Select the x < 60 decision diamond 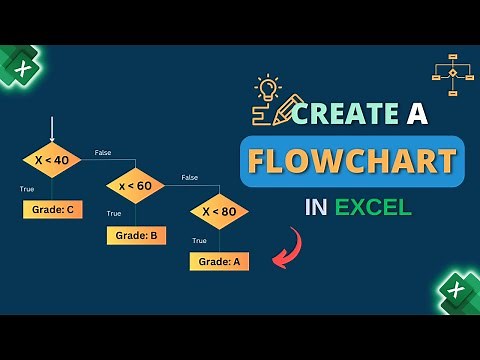tap(135, 186)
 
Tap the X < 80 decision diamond tap(219, 212)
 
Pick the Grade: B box tap(135, 236)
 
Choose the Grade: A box tap(219, 261)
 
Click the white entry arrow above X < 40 tap(51, 128)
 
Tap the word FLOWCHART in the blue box tap(352, 161)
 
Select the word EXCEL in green tap(373, 208)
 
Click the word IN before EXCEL tap(316, 208)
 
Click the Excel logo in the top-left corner tap(17, 67)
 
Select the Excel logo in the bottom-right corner tap(457, 291)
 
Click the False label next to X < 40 tap(102, 153)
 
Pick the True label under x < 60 tap(114, 213)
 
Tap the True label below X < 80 tap(199, 240)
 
